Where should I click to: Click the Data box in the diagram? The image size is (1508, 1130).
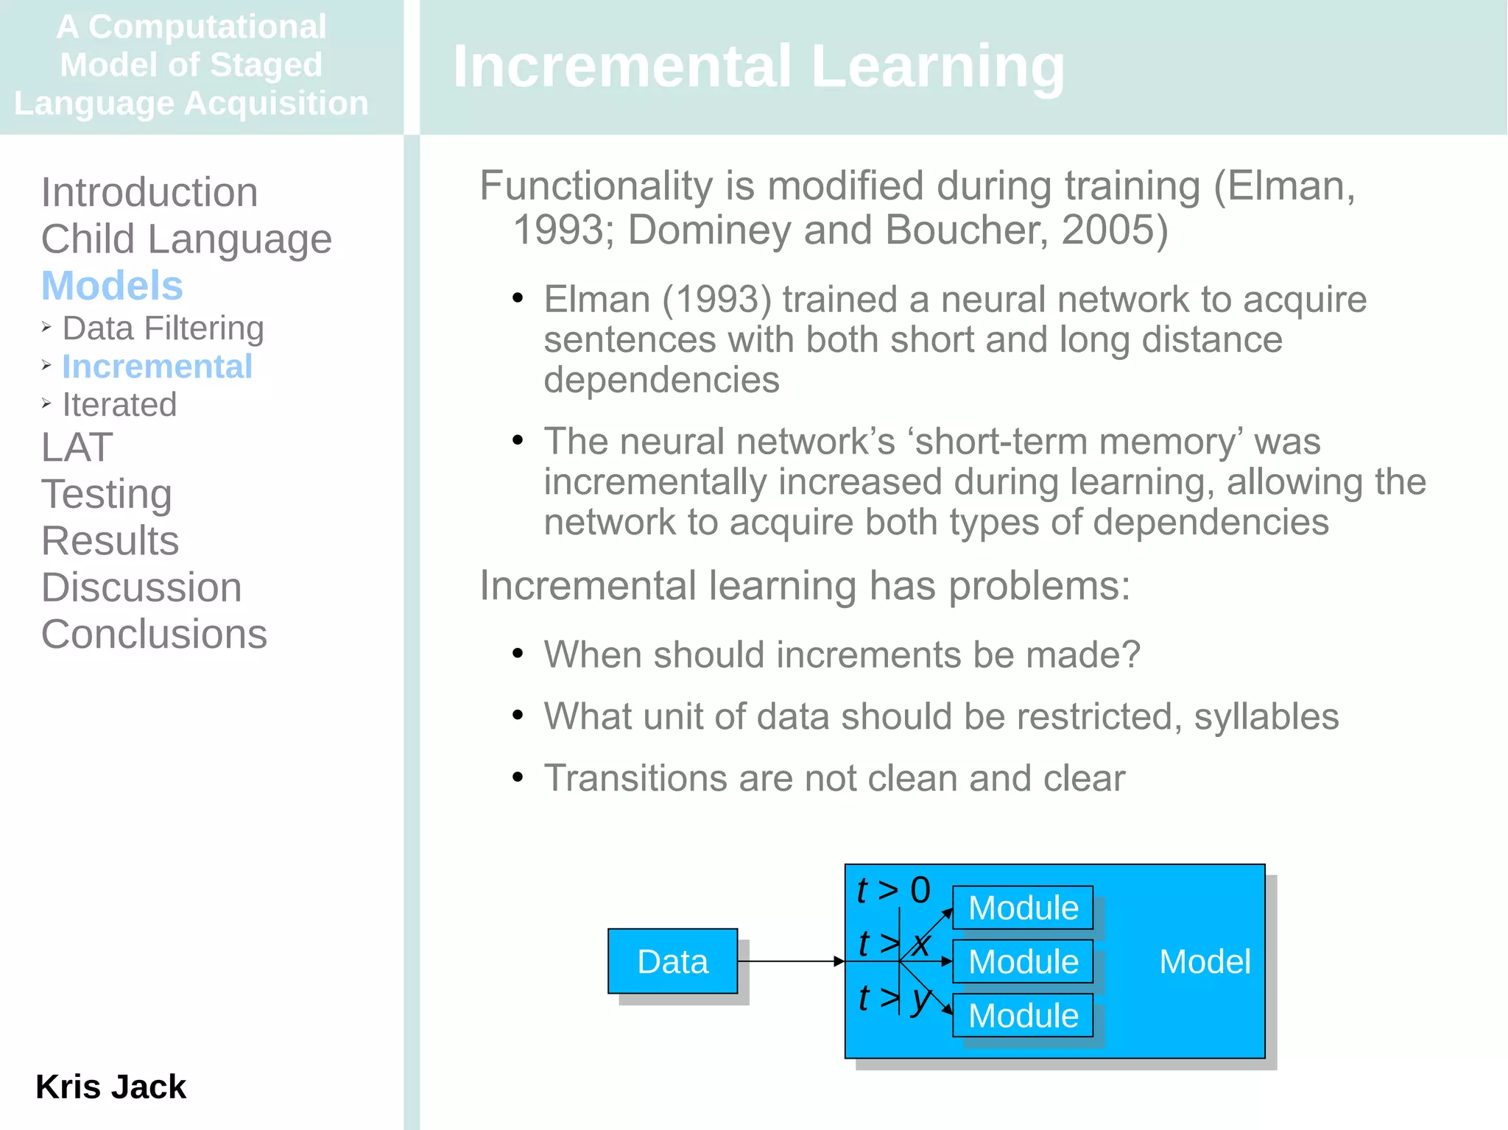coord(672,961)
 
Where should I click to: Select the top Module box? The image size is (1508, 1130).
coord(1023,908)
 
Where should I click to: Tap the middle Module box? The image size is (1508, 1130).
coord(1023,961)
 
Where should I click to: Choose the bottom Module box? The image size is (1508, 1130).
coord(1023,1016)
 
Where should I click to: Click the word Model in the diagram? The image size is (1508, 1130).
coord(1205,961)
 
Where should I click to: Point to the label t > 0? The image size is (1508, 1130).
coord(893,890)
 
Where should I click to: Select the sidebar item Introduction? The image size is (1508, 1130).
coord(149,192)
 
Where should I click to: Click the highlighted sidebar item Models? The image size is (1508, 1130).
coord(112,286)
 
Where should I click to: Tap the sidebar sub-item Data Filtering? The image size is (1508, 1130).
coord(163,328)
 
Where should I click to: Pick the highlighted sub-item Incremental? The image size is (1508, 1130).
coord(157,367)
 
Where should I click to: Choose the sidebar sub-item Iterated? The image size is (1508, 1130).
coord(119,405)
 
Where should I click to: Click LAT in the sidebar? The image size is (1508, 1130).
coord(77,447)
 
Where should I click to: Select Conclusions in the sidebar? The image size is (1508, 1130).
coord(154,634)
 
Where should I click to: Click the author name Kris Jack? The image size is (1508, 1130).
coord(110,1087)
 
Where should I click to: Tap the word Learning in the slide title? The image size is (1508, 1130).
coord(937,66)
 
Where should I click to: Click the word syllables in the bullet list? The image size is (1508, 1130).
coord(1266,716)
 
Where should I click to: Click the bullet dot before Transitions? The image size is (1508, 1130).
coord(518,777)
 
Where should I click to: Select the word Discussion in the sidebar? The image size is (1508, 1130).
coord(141,587)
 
